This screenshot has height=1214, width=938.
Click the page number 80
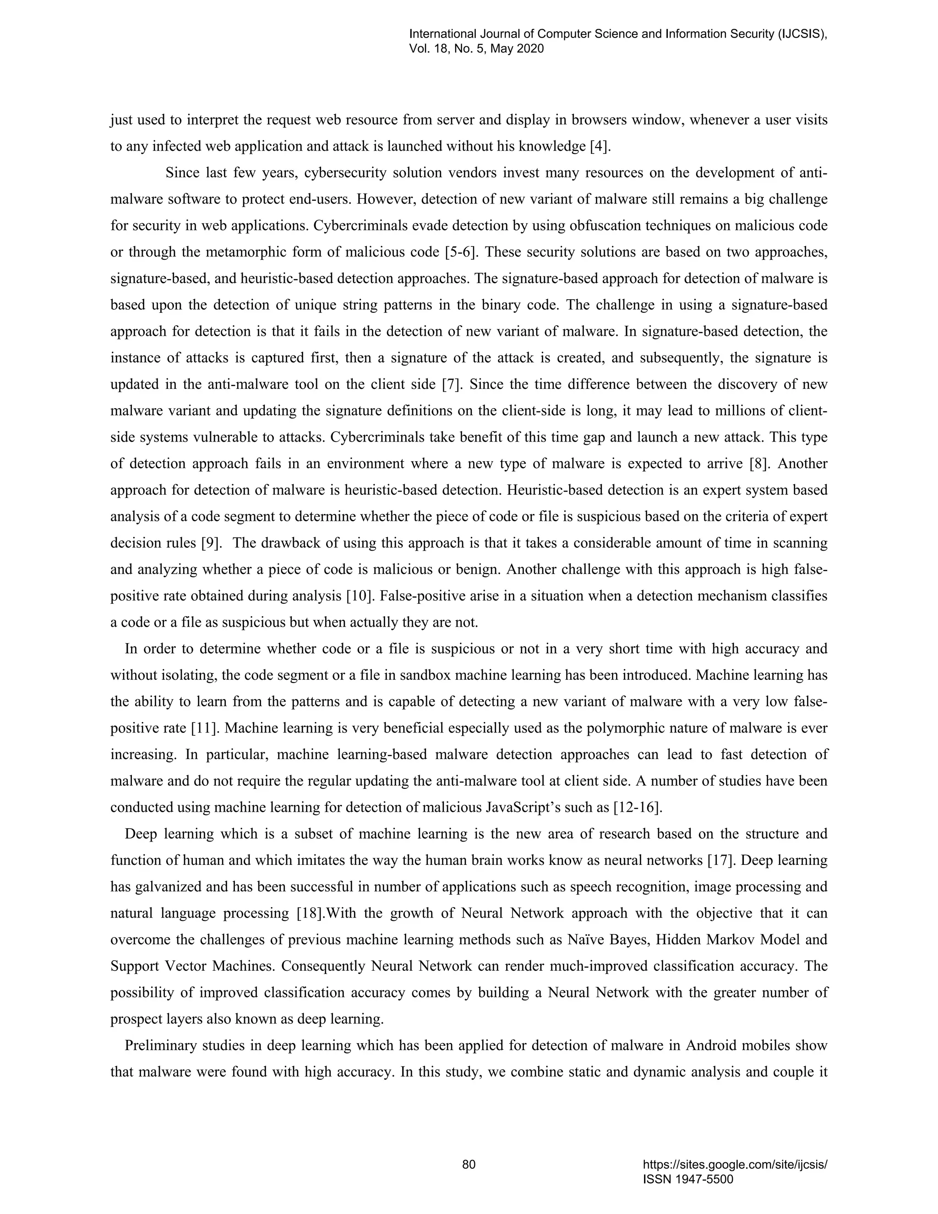[469, 1164]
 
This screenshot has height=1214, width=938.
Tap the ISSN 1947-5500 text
[688, 1179]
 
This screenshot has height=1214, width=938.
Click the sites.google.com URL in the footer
[735, 1165]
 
